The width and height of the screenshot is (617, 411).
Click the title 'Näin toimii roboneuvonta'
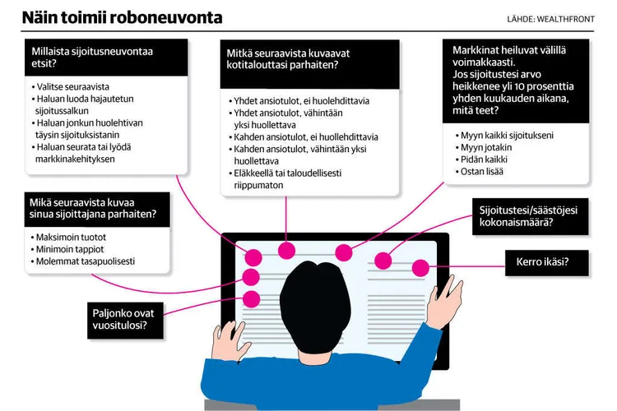click(x=122, y=17)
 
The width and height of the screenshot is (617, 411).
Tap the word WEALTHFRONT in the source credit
click(x=573, y=18)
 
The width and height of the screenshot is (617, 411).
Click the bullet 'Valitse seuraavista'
click(x=73, y=86)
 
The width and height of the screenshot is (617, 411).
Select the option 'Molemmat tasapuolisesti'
click(x=86, y=261)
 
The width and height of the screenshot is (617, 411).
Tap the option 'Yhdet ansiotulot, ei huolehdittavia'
click(x=301, y=101)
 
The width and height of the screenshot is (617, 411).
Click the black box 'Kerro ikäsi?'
click(x=542, y=263)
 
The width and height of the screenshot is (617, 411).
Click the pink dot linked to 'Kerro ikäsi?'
click(x=420, y=268)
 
